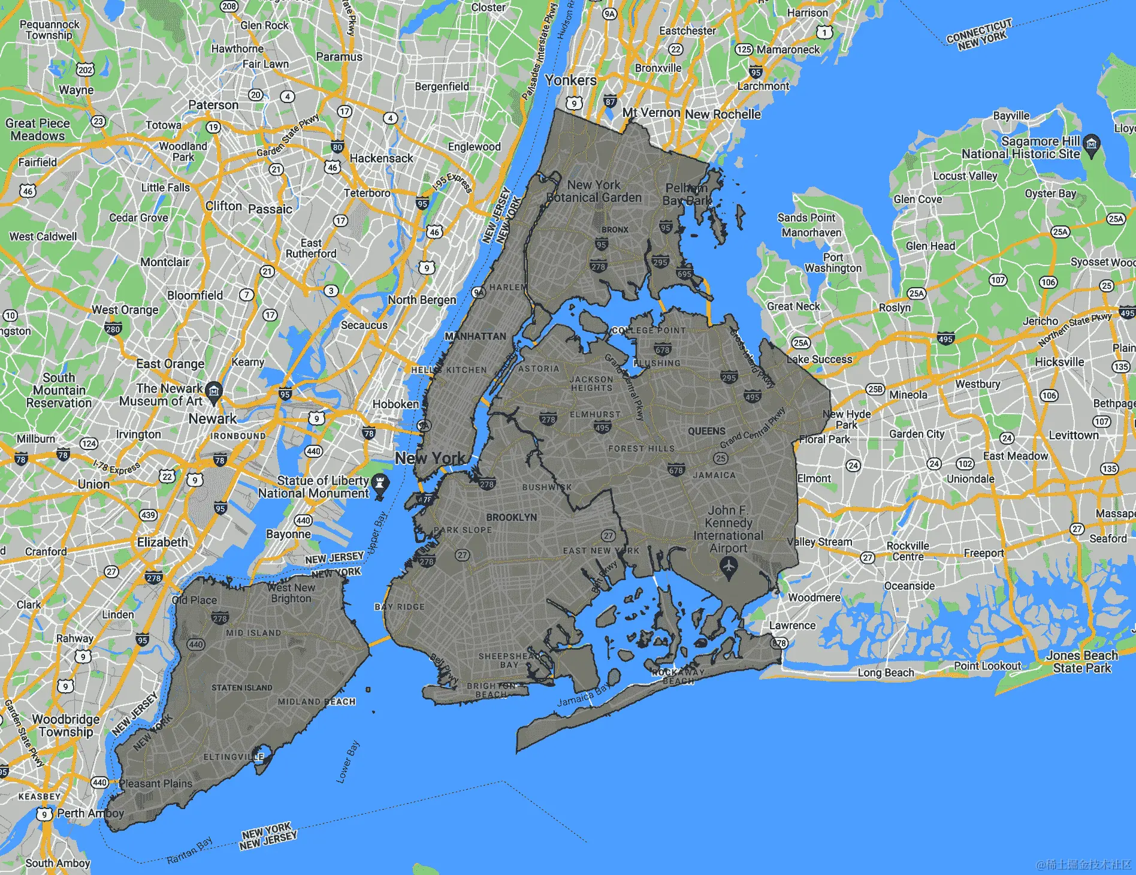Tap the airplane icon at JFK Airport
tap(728, 566)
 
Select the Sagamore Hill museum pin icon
tap(1092, 144)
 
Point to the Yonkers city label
tap(570, 80)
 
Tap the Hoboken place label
tap(395, 404)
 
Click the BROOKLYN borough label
tap(511, 517)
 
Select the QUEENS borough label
tap(706, 431)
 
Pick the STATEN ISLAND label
tap(241, 687)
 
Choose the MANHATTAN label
tap(475, 336)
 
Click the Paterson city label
tap(213, 105)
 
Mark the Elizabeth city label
tap(162, 542)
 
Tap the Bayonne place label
tap(288, 534)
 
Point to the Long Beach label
tap(886, 672)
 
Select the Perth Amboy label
tap(90, 813)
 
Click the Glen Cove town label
tap(917, 199)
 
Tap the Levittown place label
tap(1074, 435)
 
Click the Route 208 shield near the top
tap(229, 6)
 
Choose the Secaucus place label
tap(364, 325)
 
